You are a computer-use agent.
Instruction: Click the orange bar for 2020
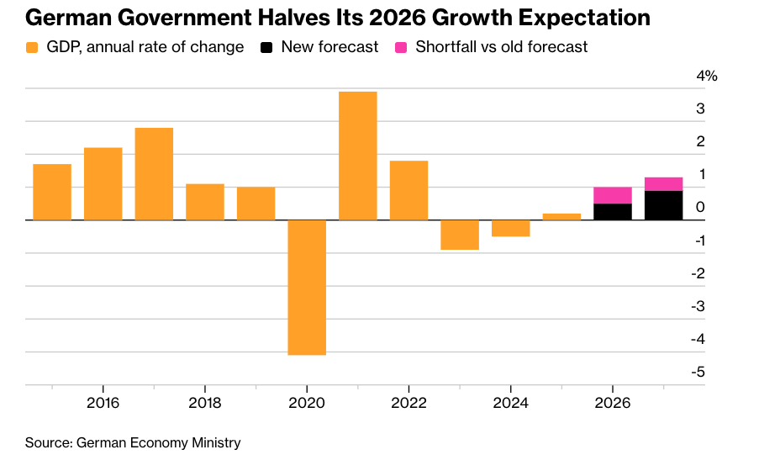pyautogui.click(x=307, y=287)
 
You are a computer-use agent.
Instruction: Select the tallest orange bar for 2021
pyautogui.click(x=357, y=156)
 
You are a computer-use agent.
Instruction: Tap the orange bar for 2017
pyautogui.click(x=154, y=173)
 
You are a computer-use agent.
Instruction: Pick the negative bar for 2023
pyautogui.click(x=460, y=235)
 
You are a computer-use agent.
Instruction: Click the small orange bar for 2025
pyautogui.click(x=561, y=216)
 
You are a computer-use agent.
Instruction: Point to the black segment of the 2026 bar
pyautogui.click(x=613, y=211)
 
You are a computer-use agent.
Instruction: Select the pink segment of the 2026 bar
pyautogui.click(x=613, y=195)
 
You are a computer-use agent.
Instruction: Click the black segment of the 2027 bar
pyautogui.click(x=663, y=205)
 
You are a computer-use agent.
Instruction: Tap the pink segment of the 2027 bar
pyautogui.click(x=663, y=184)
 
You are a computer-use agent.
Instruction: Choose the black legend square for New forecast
pyautogui.click(x=267, y=48)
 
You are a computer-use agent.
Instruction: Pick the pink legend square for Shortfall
pyautogui.click(x=402, y=48)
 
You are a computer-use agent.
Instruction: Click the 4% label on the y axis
pyautogui.click(x=707, y=77)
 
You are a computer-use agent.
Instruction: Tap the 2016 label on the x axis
pyautogui.click(x=103, y=402)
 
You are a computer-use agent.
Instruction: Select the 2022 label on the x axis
pyautogui.click(x=408, y=402)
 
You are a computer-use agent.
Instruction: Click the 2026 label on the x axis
pyautogui.click(x=613, y=402)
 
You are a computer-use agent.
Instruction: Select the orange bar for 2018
pyautogui.click(x=205, y=202)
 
